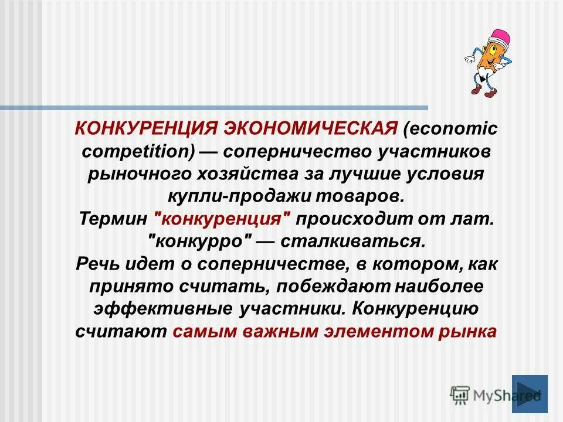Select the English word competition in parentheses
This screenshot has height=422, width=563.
(x=135, y=151)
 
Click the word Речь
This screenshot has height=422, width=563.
(x=96, y=264)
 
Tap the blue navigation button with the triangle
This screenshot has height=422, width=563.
(x=529, y=393)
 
